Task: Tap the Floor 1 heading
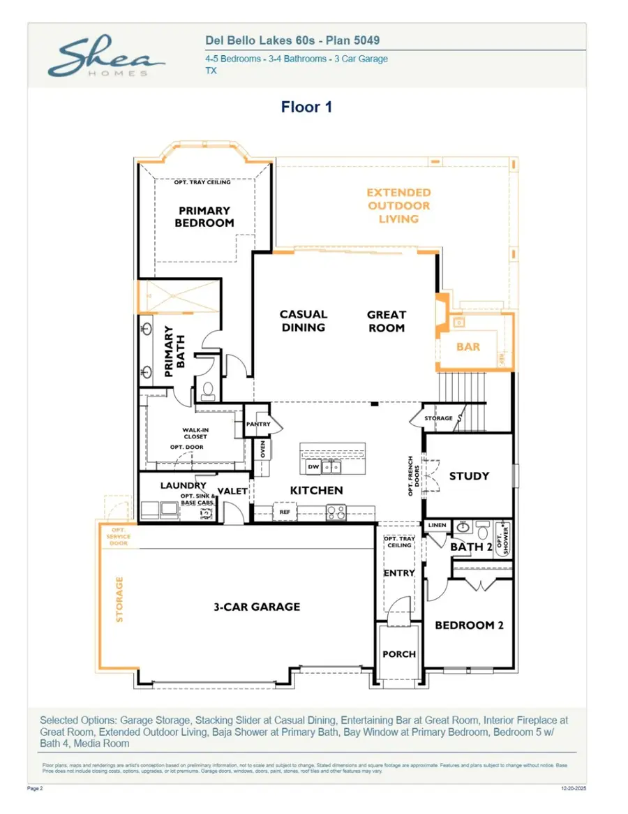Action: pyautogui.click(x=306, y=107)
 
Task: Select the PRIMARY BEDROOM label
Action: pyautogui.click(x=204, y=216)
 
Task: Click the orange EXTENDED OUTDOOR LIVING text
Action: pyautogui.click(x=398, y=205)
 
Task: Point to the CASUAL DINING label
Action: pyautogui.click(x=303, y=320)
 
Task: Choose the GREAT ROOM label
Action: pyautogui.click(x=386, y=320)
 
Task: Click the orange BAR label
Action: pyautogui.click(x=468, y=346)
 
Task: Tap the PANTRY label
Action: pyautogui.click(x=257, y=424)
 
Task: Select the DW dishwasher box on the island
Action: pyautogui.click(x=313, y=467)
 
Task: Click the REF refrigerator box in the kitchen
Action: pyautogui.click(x=285, y=512)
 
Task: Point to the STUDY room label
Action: pyautogui.click(x=469, y=476)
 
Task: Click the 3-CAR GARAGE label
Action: pyautogui.click(x=257, y=607)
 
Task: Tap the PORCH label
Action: pyautogui.click(x=399, y=654)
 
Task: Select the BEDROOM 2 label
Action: pyautogui.click(x=469, y=626)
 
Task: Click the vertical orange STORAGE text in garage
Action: pyautogui.click(x=119, y=599)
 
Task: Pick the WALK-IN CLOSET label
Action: pyautogui.click(x=195, y=433)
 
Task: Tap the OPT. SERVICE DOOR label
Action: pyautogui.click(x=119, y=538)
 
